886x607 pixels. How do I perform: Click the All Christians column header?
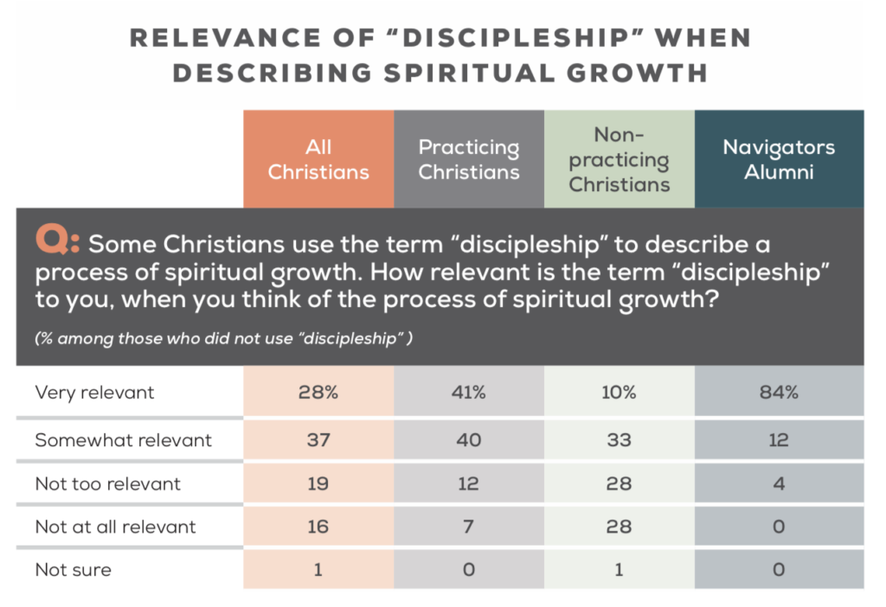[318, 159]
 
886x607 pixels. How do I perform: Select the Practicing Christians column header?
[469, 159]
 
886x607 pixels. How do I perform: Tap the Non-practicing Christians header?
[620, 159]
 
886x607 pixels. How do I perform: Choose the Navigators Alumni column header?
[779, 159]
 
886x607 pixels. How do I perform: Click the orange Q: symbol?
[56, 243]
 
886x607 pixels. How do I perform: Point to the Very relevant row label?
[94, 393]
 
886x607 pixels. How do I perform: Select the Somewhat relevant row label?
[123, 439]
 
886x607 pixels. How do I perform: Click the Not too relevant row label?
[107, 483]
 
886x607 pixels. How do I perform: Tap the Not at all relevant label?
[116, 527]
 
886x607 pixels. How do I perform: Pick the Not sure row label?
[73, 570]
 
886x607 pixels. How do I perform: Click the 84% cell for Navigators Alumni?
[779, 393]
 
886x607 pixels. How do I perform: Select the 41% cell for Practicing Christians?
[469, 393]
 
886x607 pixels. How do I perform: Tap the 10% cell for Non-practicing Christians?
[620, 393]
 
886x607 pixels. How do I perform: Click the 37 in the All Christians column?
[318, 439]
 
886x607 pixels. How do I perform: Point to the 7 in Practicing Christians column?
[469, 527]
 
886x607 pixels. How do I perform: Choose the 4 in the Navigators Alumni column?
[779, 483]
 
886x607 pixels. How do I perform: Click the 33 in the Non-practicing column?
[620, 439]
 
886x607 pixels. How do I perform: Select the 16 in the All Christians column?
[318, 527]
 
